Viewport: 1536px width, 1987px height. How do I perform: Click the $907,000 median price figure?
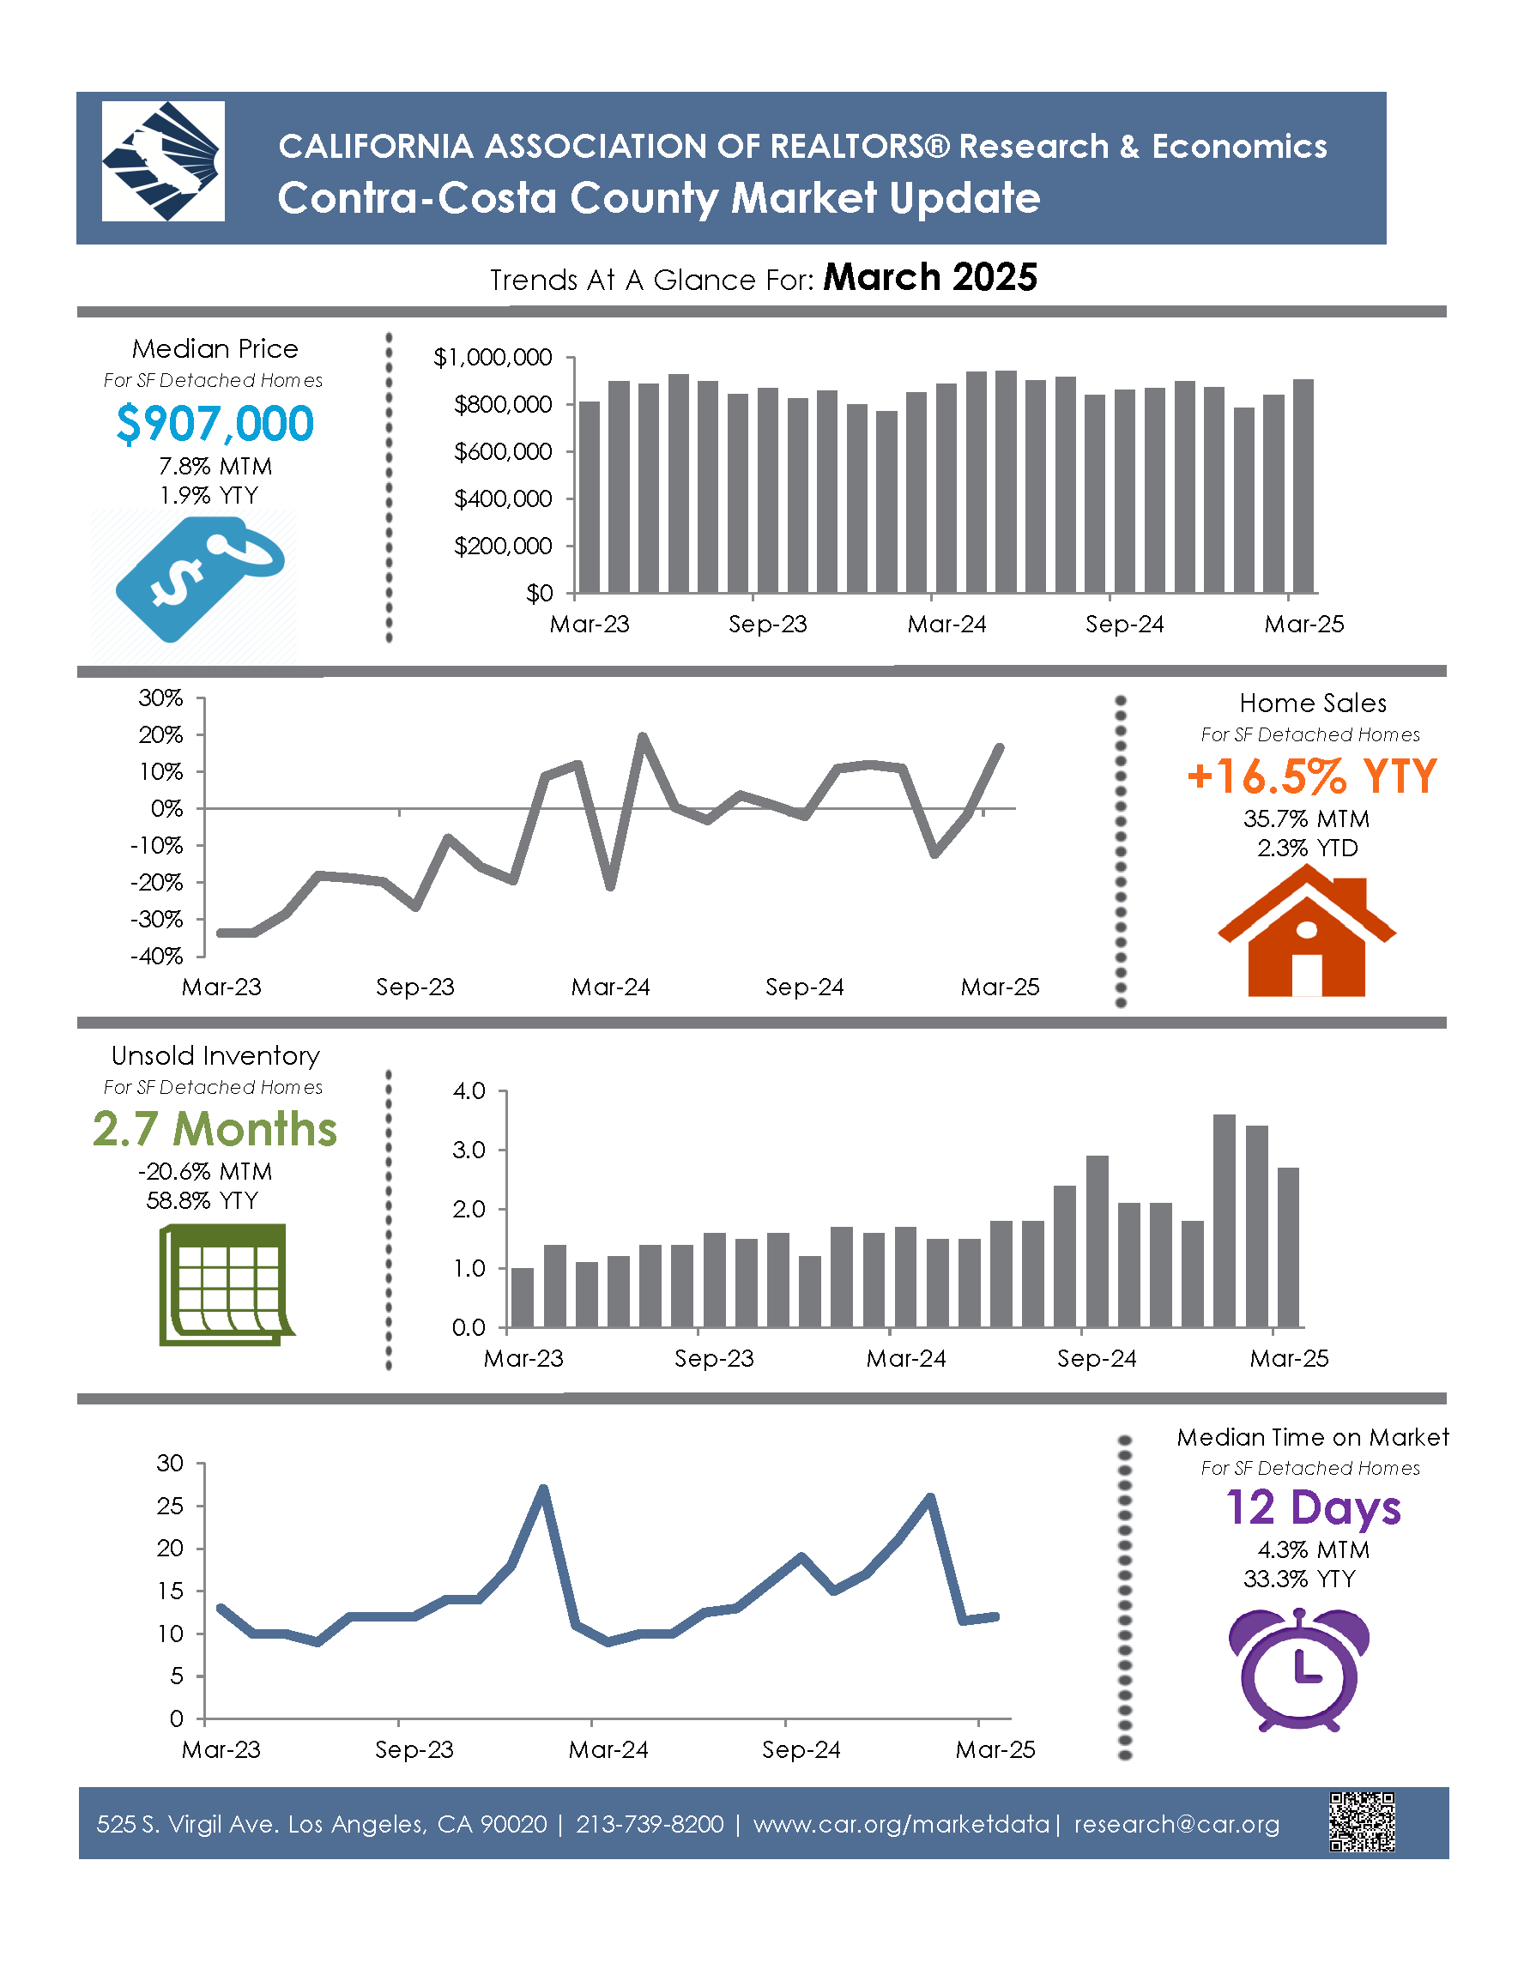click(215, 424)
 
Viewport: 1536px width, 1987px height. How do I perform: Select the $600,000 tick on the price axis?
click(503, 452)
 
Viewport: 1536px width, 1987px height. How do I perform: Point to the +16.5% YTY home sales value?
click(1311, 777)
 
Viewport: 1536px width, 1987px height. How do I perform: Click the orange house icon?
click(1306, 932)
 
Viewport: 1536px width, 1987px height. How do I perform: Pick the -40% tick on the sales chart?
click(157, 957)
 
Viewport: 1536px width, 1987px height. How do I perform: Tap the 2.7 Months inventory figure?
click(215, 1130)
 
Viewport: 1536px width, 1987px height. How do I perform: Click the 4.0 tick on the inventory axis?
click(469, 1090)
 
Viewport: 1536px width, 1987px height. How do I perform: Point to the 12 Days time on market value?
click(1312, 1508)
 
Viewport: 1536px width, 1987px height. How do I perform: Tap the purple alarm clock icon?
click(1298, 1669)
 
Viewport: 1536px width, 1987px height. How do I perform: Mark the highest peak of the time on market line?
click(543, 1489)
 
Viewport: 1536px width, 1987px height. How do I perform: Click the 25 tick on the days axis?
click(170, 1506)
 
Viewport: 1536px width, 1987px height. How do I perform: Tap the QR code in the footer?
click(1361, 1822)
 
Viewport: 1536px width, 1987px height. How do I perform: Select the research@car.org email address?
click(1176, 1825)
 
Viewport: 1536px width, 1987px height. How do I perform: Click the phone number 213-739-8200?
click(650, 1825)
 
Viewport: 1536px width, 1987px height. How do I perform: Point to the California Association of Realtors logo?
click(163, 161)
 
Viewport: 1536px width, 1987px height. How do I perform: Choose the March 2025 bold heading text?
click(929, 277)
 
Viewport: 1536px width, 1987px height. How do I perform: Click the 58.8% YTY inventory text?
click(202, 1201)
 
